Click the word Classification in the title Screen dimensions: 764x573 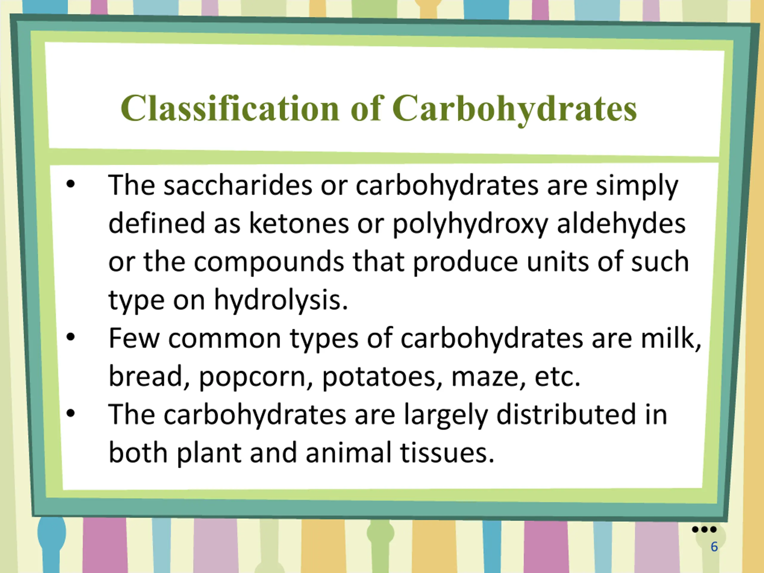click(x=230, y=108)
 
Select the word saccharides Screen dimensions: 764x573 click(x=238, y=185)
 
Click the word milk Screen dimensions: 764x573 click(x=671, y=338)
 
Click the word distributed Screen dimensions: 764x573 click(x=566, y=415)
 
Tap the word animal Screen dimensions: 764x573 click(x=349, y=453)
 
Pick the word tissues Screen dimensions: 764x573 click(x=447, y=453)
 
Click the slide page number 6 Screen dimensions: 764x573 click(x=714, y=547)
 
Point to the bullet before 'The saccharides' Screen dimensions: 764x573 click(x=70, y=184)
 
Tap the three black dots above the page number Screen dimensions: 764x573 click(x=704, y=529)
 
